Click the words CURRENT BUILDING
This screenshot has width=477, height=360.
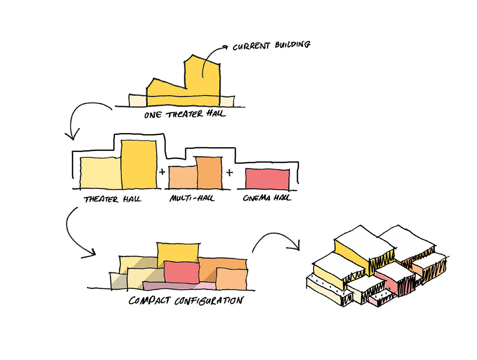[271, 45]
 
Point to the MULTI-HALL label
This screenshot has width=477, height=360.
[193, 199]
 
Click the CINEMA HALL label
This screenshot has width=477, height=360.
[267, 199]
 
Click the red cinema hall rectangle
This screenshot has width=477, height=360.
[267, 178]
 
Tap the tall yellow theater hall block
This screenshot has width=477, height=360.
[139, 165]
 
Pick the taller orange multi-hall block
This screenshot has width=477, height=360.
[209, 172]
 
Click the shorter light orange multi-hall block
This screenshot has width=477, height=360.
[183, 178]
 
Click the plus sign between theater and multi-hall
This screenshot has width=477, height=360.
[162, 172]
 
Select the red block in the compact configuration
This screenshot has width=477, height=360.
[181, 271]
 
